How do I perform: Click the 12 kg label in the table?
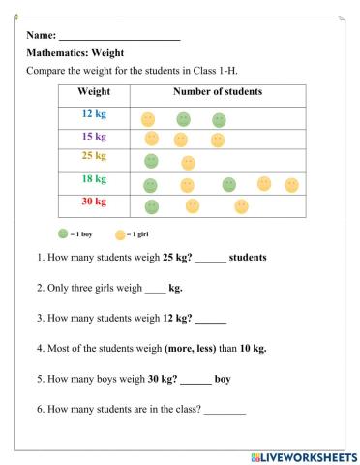93,115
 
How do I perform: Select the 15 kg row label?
93,137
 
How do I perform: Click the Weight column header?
93,92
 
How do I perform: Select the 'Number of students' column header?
217,92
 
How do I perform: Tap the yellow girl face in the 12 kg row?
148,119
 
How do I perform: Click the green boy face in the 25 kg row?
151,160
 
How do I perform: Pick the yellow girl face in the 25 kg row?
188,162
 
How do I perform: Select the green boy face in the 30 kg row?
151,206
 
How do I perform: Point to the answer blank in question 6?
225,409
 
